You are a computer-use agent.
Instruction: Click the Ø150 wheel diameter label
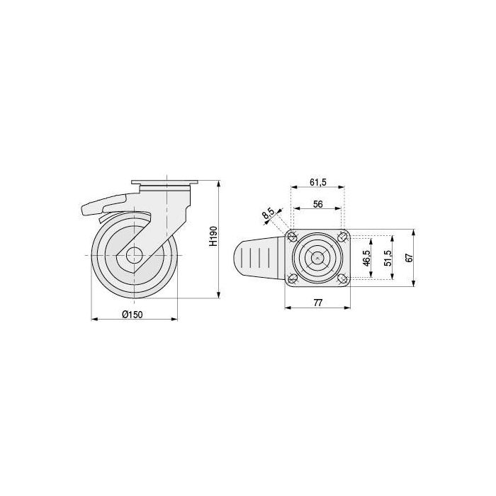[x=133, y=315]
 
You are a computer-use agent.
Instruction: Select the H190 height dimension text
[x=213, y=236]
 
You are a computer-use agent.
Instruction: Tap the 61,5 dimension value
[x=318, y=182]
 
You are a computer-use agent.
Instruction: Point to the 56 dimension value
[x=317, y=204]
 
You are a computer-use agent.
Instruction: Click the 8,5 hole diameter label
[x=269, y=214]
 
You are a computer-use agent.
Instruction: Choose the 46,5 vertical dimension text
[x=366, y=258]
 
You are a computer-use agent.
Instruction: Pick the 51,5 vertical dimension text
[x=388, y=258]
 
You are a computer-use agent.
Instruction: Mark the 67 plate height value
[x=410, y=258]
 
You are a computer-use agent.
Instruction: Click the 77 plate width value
[x=317, y=303]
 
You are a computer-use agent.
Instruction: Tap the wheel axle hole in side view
[x=134, y=255]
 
